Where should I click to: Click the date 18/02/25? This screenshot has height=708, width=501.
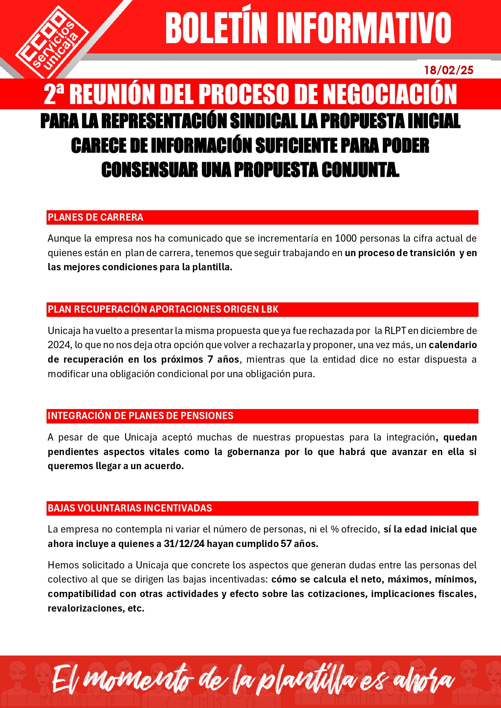click(x=449, y=70)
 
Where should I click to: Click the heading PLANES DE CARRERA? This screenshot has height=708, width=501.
click(x=95, y=217)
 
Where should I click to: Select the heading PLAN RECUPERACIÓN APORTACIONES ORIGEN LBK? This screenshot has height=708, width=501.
click(x=163, y=309)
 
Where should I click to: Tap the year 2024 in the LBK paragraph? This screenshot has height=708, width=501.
click(x=59, y=345)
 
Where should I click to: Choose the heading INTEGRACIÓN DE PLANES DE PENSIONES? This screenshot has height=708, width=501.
click(x=140, y=416)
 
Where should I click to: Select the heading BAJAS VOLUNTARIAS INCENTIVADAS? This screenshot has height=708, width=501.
click(x=130, y=508)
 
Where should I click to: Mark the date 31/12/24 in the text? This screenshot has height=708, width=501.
click(x=184, y=544)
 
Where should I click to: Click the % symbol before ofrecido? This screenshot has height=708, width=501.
click(x=334, y=529)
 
